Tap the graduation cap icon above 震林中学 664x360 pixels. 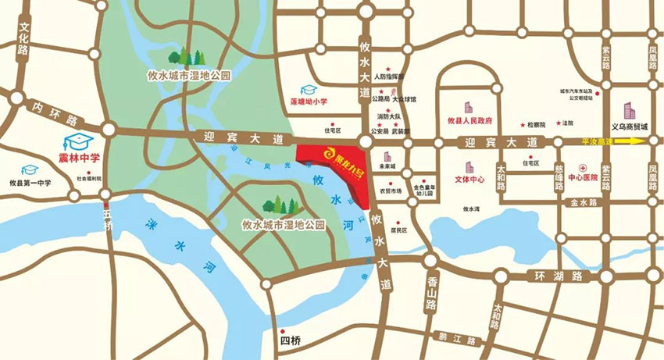pyautogui.click(x=76, y=142)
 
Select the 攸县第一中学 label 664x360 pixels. pyautogui.click(x=30, y=183)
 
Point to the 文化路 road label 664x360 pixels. pyautogui.click(x=24, y=37)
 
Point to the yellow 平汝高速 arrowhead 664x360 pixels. pyautogui.click(x=640, y=141)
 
